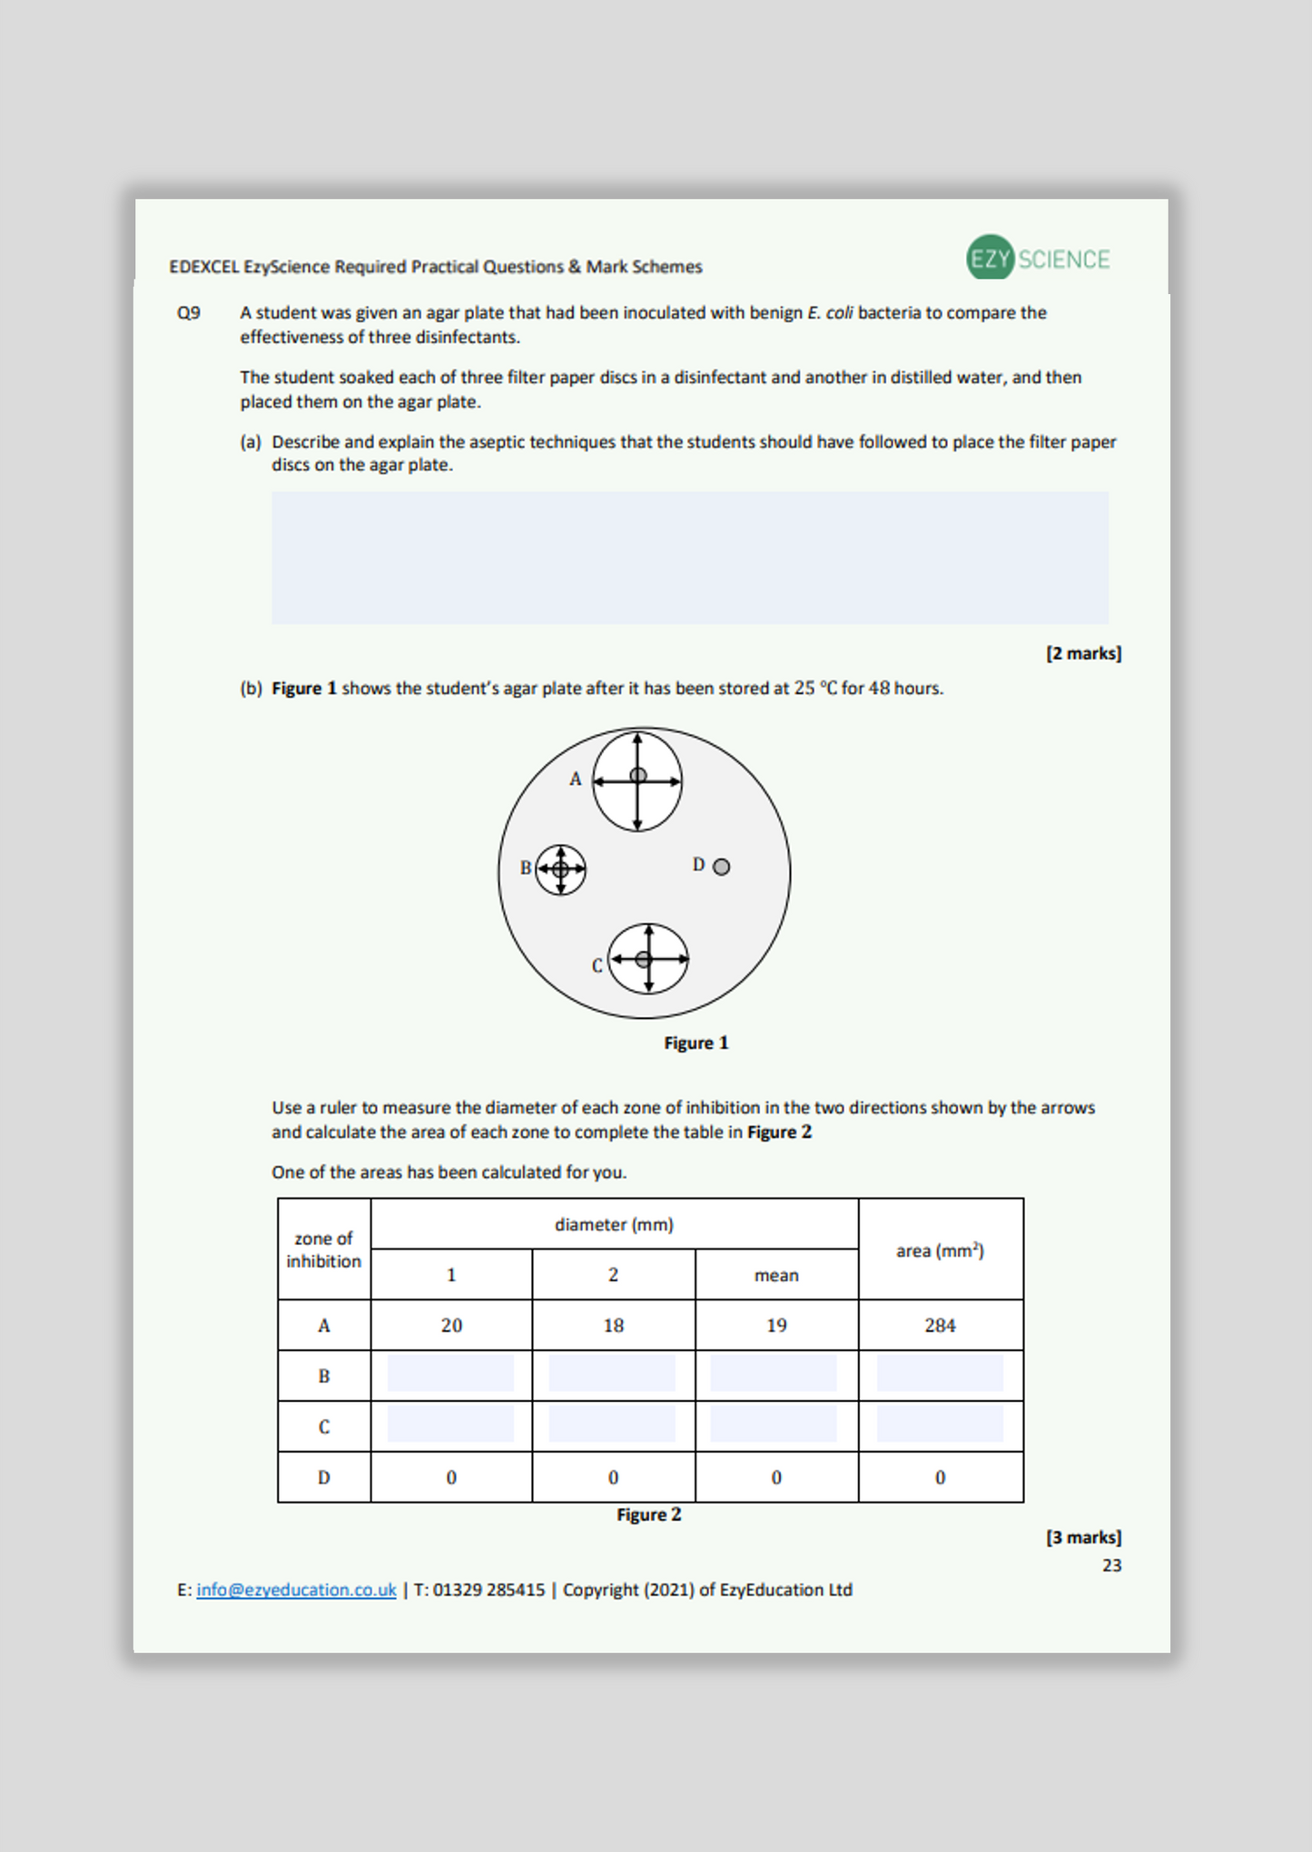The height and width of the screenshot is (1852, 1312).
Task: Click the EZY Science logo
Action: (x=1038, y=259)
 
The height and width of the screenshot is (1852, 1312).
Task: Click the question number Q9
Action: (x=189, y=313)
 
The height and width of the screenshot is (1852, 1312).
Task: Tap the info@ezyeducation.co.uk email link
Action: (x=296, y=1590)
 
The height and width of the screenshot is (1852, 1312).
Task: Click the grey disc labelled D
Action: (x=721, y=867)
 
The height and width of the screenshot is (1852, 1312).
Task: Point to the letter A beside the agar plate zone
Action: (x=575, y=779)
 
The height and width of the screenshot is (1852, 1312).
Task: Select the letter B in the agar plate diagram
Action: (x=525, y=867)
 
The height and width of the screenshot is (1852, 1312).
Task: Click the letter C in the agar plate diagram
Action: (x=597, y=965)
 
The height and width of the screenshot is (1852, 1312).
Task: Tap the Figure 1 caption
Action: (x=695, y=1043)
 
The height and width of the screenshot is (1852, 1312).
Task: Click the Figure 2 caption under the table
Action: (x=648, y=1514)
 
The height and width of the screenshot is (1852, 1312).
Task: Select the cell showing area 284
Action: (x=940, y=1325)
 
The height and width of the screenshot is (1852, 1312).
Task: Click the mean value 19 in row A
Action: (x=776, y=1325)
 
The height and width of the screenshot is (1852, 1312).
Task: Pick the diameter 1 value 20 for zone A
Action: (x=451, y=1325)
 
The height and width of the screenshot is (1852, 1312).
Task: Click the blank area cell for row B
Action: (x=940, y=1374)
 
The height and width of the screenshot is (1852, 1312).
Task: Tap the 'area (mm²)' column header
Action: (x=940, y=1250)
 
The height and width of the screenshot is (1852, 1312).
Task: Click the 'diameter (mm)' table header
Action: (x=614, y=1224)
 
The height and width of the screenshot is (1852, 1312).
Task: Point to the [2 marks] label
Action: (x=1083, y=653)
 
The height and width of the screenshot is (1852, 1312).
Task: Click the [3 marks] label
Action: (x=1083, y=1537)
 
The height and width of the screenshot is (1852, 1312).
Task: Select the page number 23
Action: (x=1111, y=1565)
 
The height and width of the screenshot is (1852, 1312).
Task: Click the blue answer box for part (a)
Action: (x=689, y=557)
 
